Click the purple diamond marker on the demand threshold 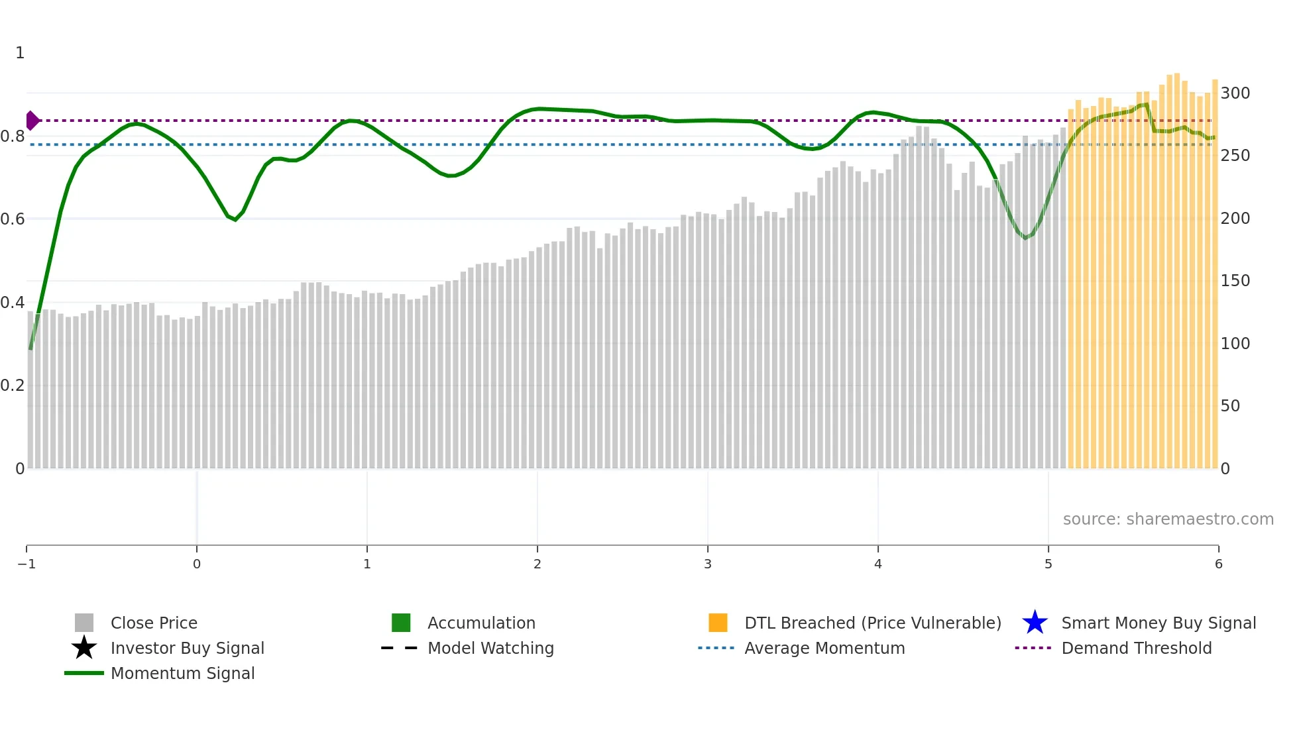point(32,121)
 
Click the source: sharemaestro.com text point(1168,519)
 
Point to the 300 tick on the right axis point(1235,93)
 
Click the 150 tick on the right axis point(1235,280)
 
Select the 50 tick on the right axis point(1230,405)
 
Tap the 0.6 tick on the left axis point(13,219)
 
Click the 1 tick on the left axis point(20,52)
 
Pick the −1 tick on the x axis point(27,564)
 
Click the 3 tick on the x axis point(708,564)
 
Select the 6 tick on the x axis point(1218,564)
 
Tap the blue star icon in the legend point(1035,623)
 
